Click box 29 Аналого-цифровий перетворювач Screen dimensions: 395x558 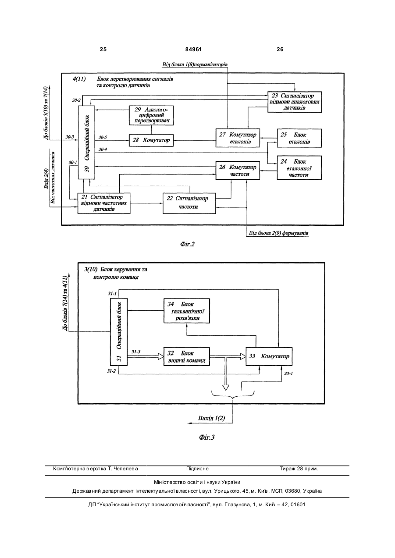click(151, 115)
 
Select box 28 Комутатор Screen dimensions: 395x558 click(151, 140)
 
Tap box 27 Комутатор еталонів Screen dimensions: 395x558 click(238, 138)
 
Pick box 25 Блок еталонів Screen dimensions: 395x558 click(299, 138)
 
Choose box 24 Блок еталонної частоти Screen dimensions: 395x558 click(299, 168)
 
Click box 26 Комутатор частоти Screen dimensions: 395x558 click(238, 171)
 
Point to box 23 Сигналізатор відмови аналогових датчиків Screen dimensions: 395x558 click(295, 102)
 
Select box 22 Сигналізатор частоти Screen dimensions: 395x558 click(189, 203)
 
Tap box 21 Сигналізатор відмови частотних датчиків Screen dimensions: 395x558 click(104, 203)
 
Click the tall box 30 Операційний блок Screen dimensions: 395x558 click(86, 142)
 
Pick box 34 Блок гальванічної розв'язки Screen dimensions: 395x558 click(187, 311)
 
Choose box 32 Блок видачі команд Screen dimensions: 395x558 click(187, 356)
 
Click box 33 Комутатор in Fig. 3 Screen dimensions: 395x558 click(269, 356)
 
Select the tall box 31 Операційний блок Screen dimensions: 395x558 click(119, 332)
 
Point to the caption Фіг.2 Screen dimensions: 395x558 click(187, 244)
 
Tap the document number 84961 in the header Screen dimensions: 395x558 click(193, 50)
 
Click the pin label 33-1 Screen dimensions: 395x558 click(288, 373)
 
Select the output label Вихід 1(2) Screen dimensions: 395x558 click(212, 418)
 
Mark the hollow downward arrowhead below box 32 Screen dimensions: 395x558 click(225, 387)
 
